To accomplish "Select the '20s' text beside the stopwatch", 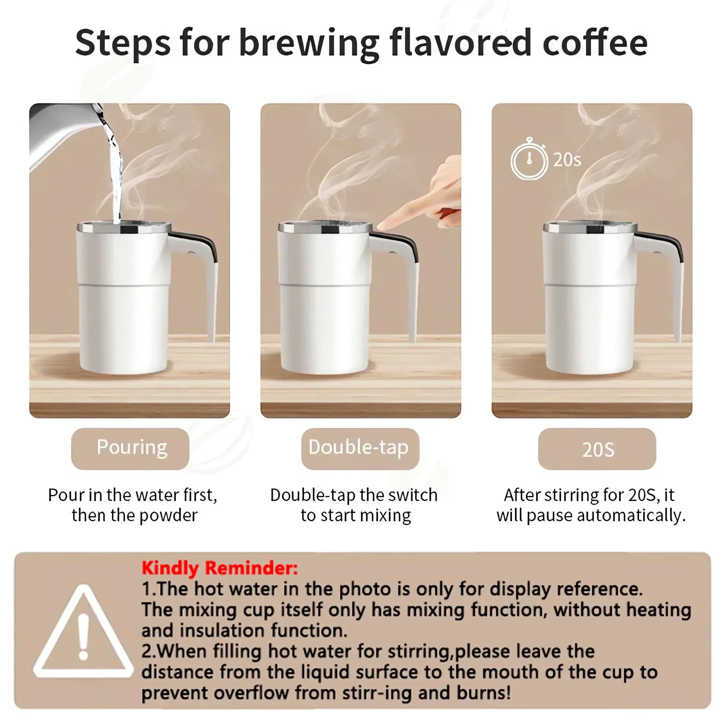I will pos(567,160).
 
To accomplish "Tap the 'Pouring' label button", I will pos(130,448).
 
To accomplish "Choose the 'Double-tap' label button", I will pos(360,448).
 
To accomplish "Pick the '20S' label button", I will pos(597,449).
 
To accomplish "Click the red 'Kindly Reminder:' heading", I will pos(220,569).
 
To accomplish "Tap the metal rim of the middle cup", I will pos(325,226).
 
